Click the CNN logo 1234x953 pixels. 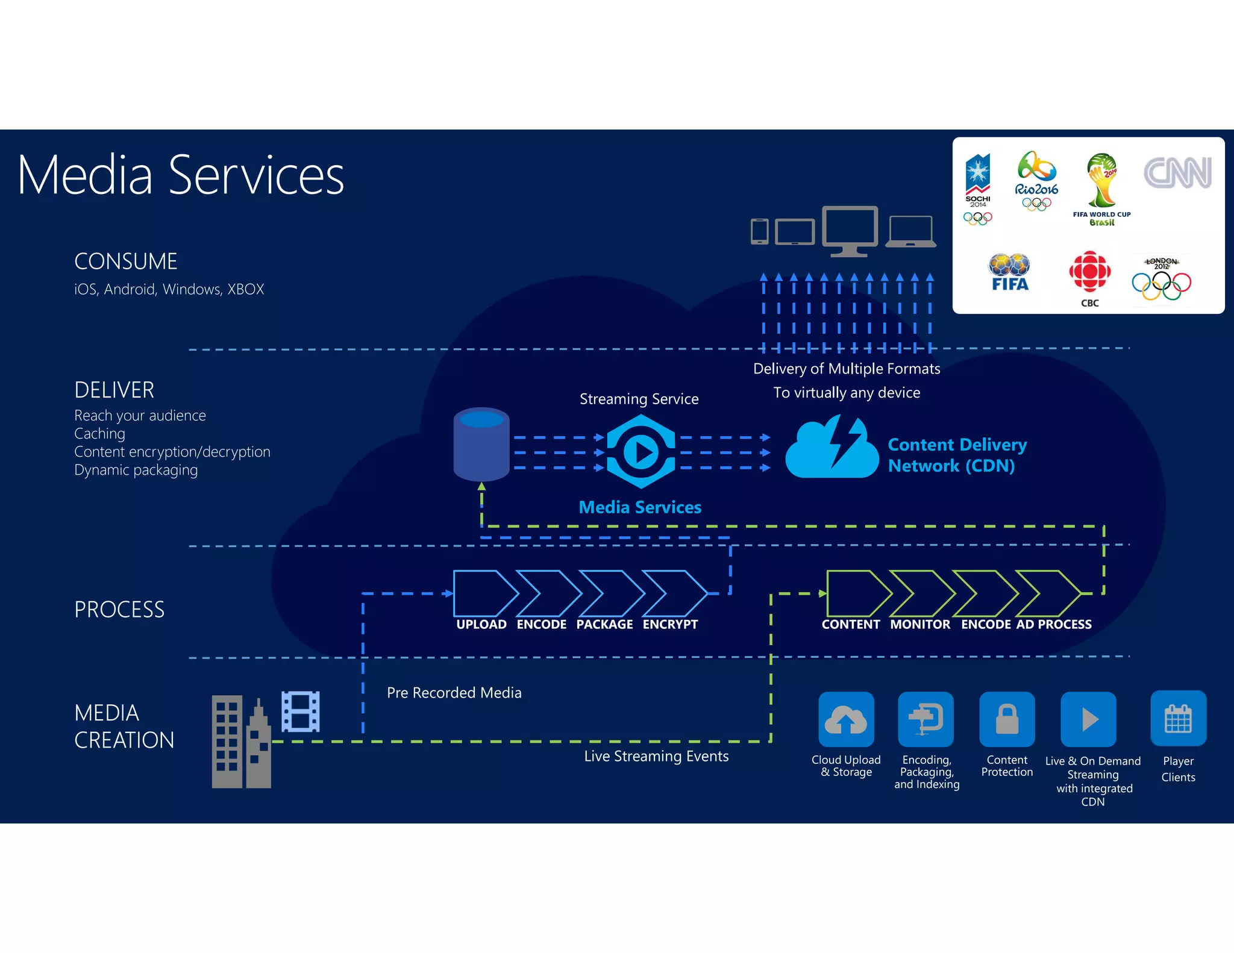[1177, 173]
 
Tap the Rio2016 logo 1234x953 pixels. [1036, 181]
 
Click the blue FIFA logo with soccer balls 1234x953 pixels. [1009, 272]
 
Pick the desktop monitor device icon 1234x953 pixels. [850, 231]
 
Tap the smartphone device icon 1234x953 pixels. [759, 231]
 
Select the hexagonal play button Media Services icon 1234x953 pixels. [640, 452]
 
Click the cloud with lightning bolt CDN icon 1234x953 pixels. [832, 448]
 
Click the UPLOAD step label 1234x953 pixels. [481, 625]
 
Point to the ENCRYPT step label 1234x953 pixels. [670, 625]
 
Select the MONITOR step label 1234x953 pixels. [920, 625]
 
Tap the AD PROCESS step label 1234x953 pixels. [1054, 625]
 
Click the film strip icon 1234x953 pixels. [301, 711]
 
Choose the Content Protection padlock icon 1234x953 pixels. [1007, 719]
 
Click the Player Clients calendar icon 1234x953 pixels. [1178, 719]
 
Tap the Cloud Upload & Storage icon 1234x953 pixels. [846, 719]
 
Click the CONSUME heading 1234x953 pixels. [125, 261]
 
